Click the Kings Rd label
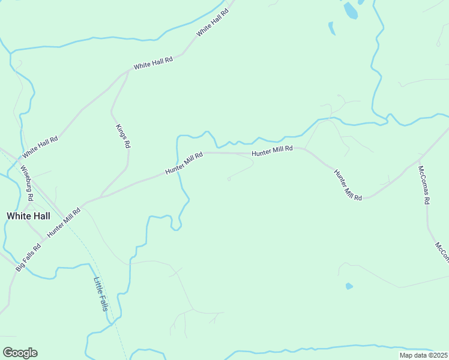pyautogui.click(x=122, y=136)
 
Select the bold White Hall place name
pyautogui.click(x=28, y=215)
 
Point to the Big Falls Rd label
pyautogui.click(x=28, y=257)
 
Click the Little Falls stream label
pyautogui.click(x=101, y=294)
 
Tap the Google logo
pyautogui.click(x=20, y=353)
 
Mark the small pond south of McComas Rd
pyautogui.click(x=349, y=286)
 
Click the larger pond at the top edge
pyautogui.click(x=350, y=10)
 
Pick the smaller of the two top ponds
pyautogui.click(x=331, y=28)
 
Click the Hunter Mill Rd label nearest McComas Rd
pyautogui.click(x=348, y=185)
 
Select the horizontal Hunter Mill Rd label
pyautogui.click(x=272, y=152)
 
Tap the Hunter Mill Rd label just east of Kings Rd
pyautogui.click(x=184, y=164)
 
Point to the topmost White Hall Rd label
pyautogui.click(x=212, y=22)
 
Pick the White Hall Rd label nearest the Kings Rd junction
pyautogui.click(x=153, y=63)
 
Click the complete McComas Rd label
pyautogui.click(x=424, y=185)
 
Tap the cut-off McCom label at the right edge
pyautogui.click(x=442, y=252)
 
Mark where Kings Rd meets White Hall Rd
pyautogui.click(x=128, y=72)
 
